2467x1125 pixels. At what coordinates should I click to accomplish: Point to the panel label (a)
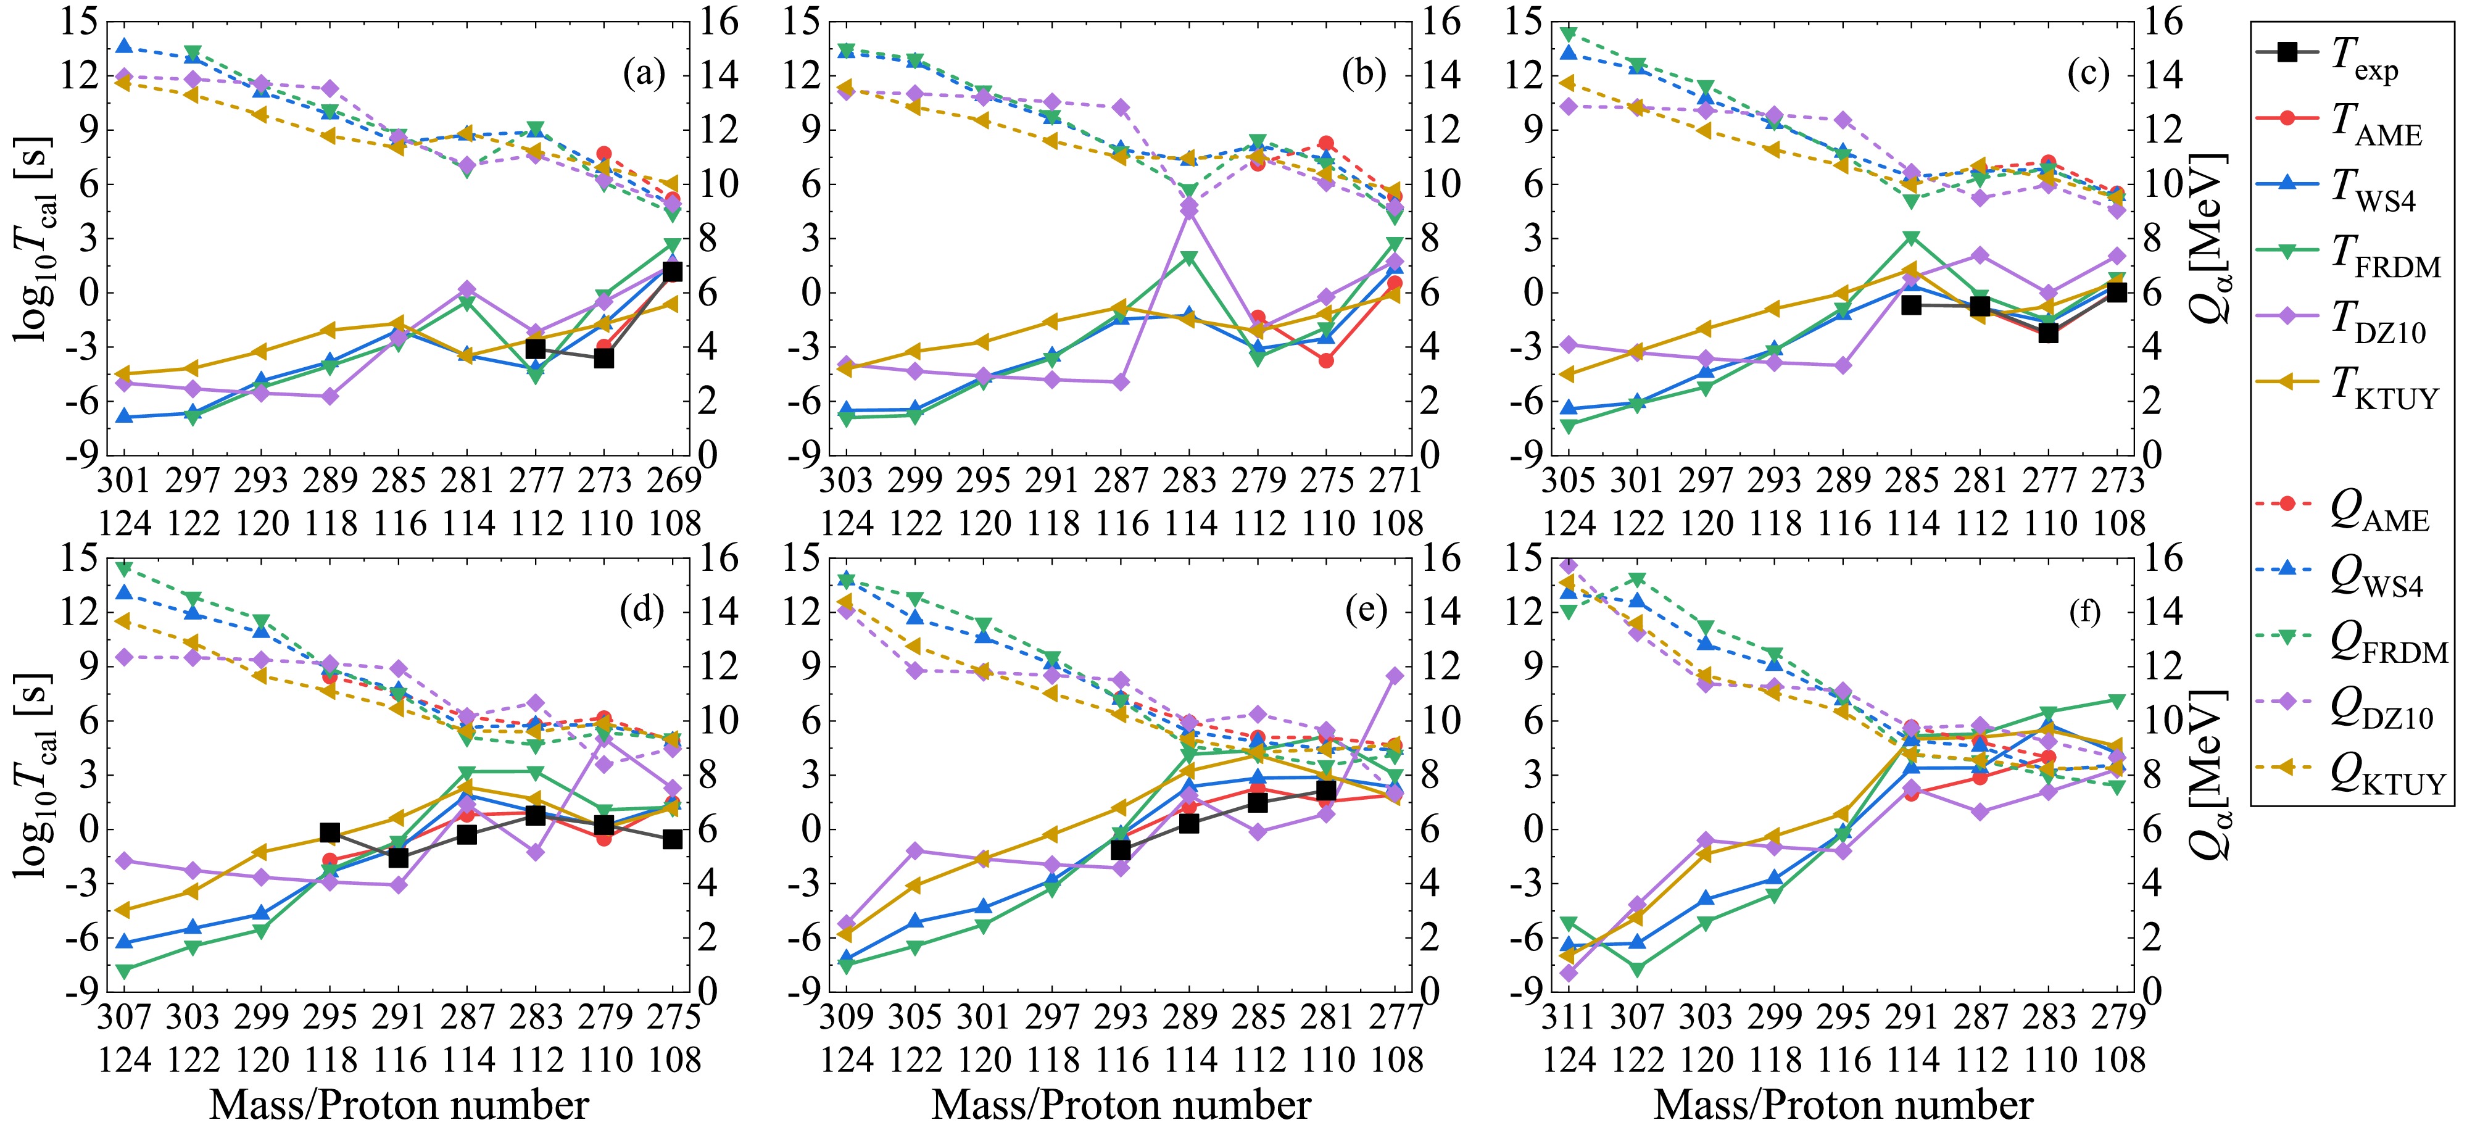pyautogui.click(x=644, y=73)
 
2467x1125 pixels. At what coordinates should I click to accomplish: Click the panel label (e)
pyautogui.click(x=1366, y=612)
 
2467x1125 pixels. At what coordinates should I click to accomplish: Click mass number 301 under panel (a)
pyautogui.click(x=125, y=481)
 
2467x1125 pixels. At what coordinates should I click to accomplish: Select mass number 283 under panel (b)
pyautogui.click(x=1190, y=481)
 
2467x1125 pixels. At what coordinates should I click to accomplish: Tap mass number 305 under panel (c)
pyautogui.click(x=1569, y=481)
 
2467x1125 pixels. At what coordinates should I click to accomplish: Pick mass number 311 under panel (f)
pyautogui.click(x=1569, y=1018)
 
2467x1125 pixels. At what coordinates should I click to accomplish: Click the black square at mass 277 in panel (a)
pyautogui.click(x=536, y=349)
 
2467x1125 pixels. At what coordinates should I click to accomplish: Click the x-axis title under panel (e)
pyautogui.click(x=1121, y=1104)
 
